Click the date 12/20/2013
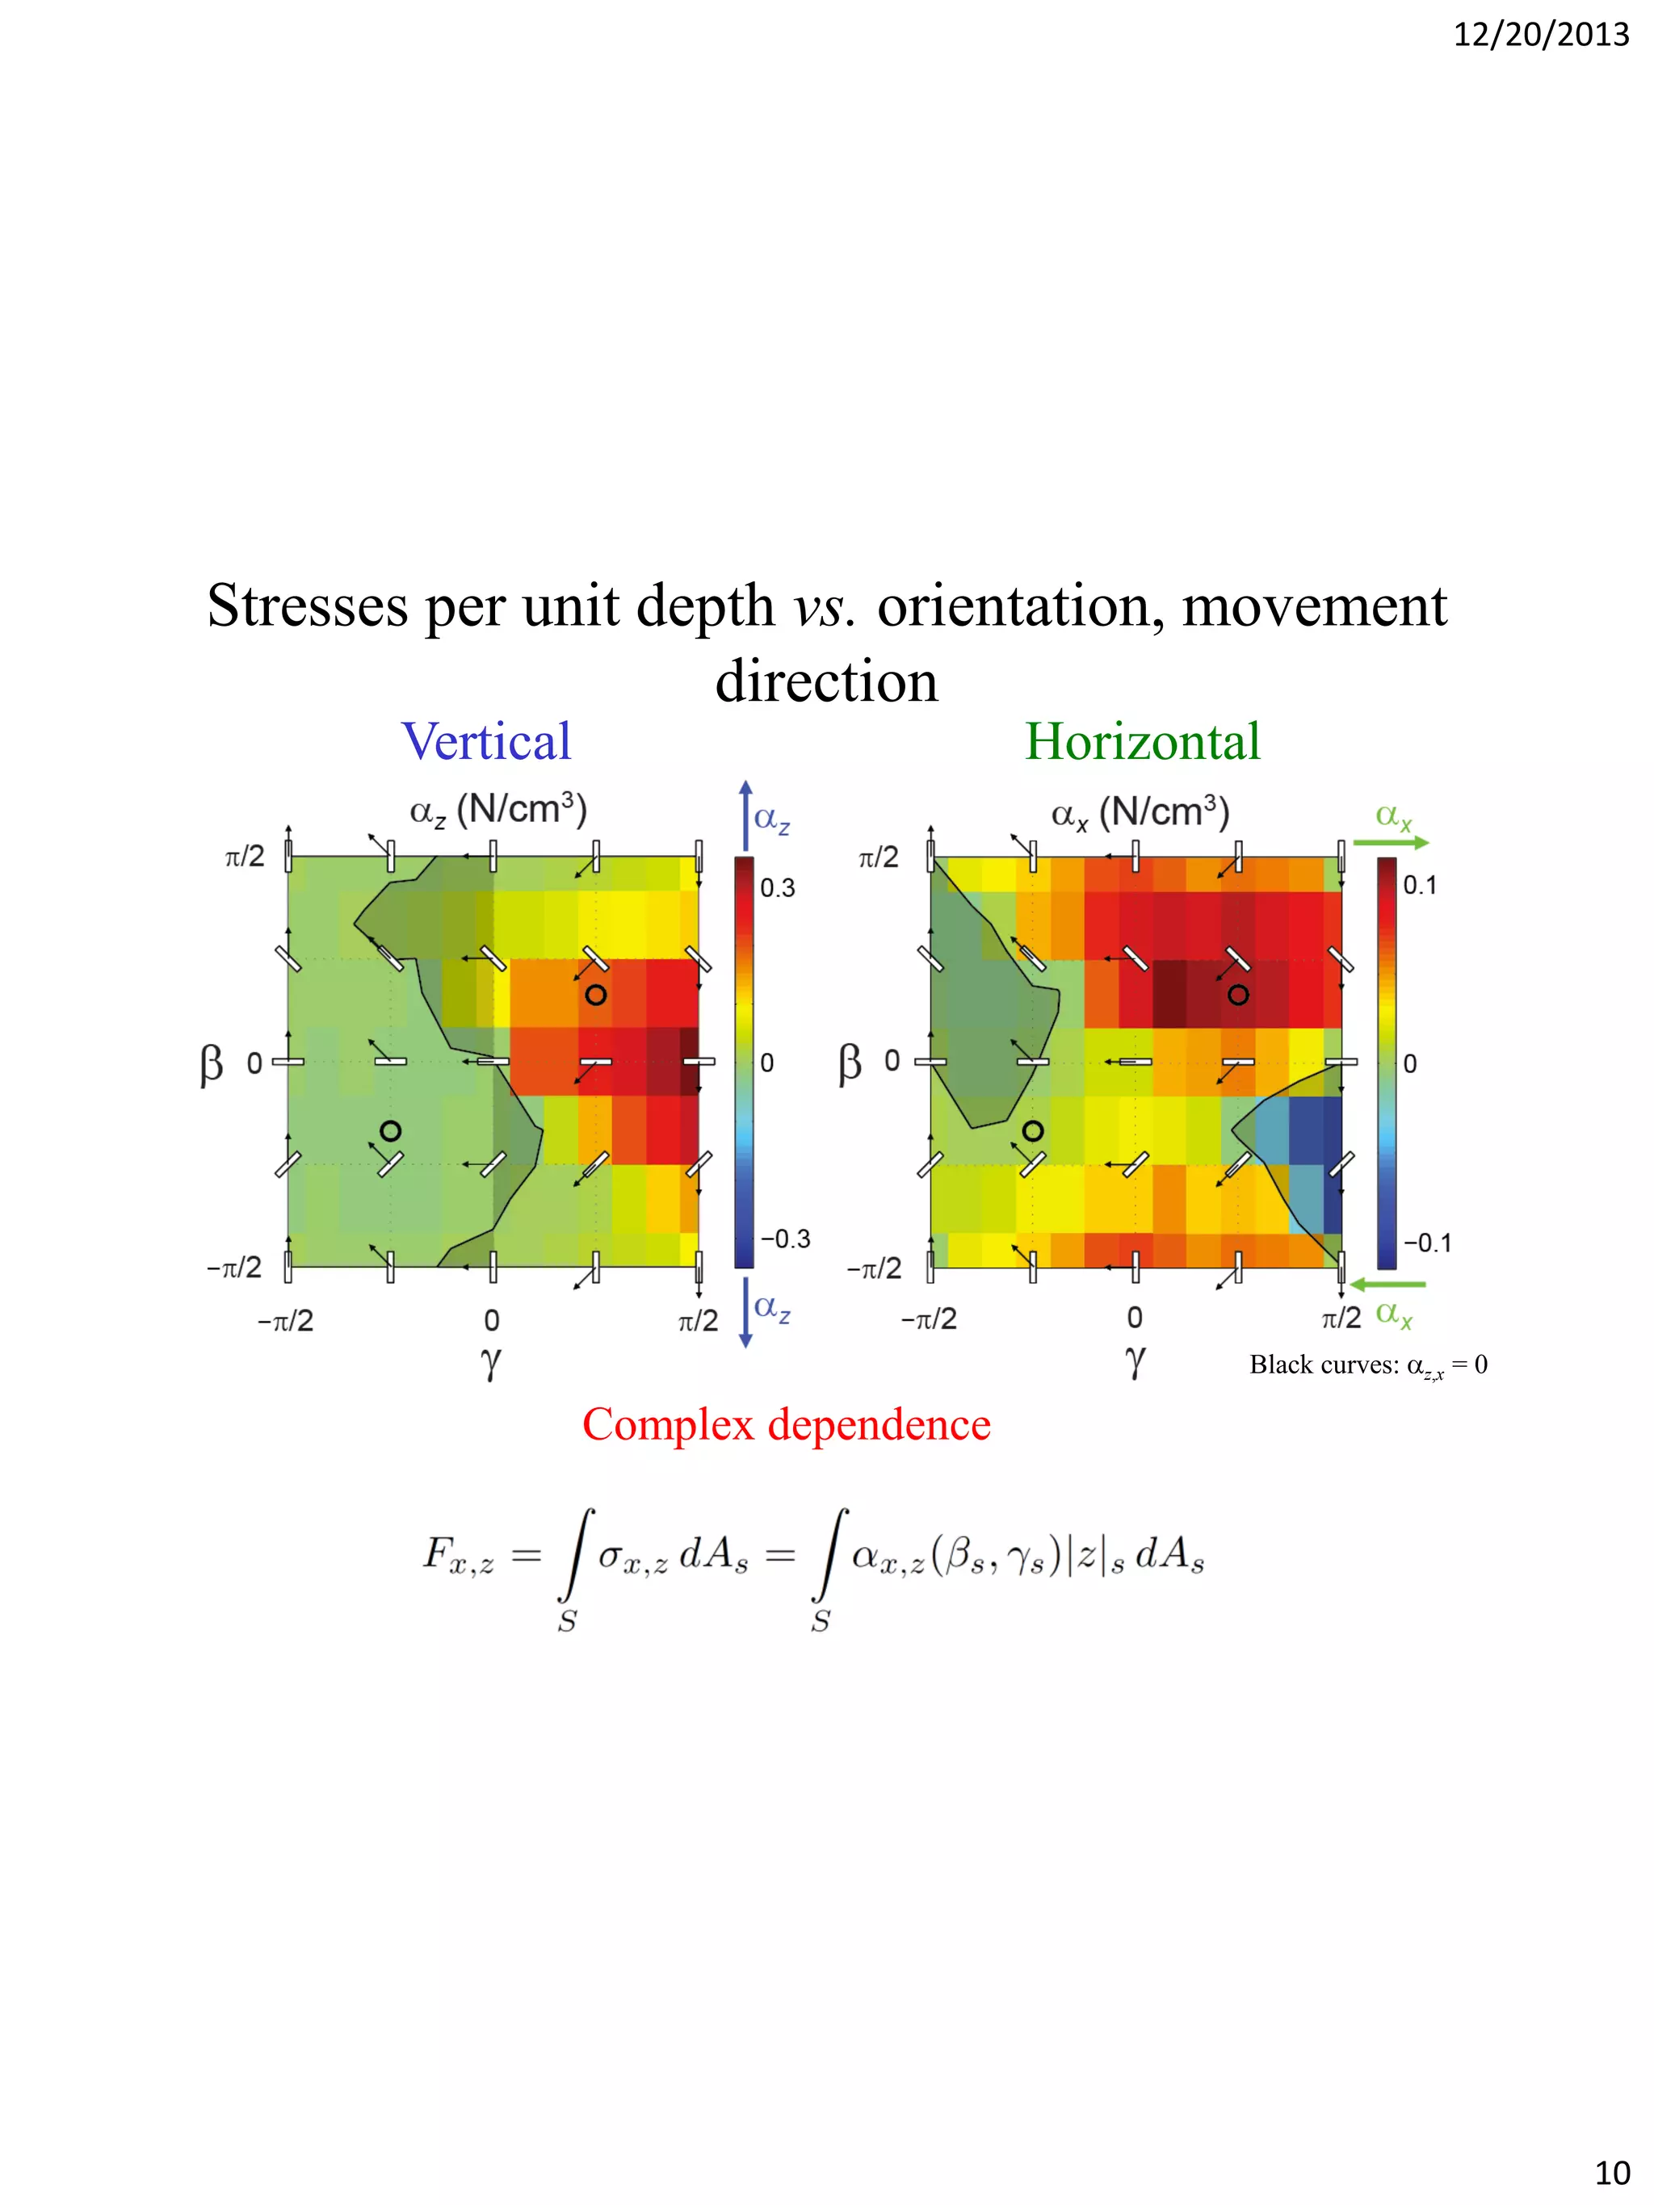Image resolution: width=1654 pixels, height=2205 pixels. click(x=1539, y=36)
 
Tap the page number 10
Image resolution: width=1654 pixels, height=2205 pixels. click(x=1612, y=2172)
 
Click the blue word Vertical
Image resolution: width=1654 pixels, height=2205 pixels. click(x=485, y=743)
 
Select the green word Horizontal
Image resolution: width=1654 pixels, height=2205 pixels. click(x=1143, y=743)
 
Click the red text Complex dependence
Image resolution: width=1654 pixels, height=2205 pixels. click(x=786, y=1424)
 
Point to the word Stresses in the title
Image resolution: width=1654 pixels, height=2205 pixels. click(x=307, y=606)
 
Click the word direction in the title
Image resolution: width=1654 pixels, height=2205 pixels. click(x=826, y=681)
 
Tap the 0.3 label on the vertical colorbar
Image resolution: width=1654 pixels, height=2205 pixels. click(x=778, y=888)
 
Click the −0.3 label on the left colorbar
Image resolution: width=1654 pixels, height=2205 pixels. click(x=785, y=1239)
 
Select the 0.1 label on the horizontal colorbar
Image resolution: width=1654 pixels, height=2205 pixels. click(x=1420, y=885)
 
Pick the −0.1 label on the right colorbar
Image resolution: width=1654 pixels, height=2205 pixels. click(x=1427, y=1243)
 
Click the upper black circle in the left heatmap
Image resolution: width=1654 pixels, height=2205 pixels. click(x=595, y=995)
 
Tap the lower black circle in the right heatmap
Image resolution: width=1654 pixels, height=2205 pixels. click(x=1033, y=1130)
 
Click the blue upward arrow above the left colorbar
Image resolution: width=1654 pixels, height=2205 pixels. click(x=745, y=813)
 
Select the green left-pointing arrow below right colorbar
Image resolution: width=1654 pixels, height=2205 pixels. click(x=1387, y=1285)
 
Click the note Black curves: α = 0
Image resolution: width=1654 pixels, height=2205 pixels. click(x=1368, y=1365)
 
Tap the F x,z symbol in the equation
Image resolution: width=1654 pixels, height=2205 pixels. click(x=458, y=1556)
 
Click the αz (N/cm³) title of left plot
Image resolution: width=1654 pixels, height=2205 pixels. click(x=498, y=811)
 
